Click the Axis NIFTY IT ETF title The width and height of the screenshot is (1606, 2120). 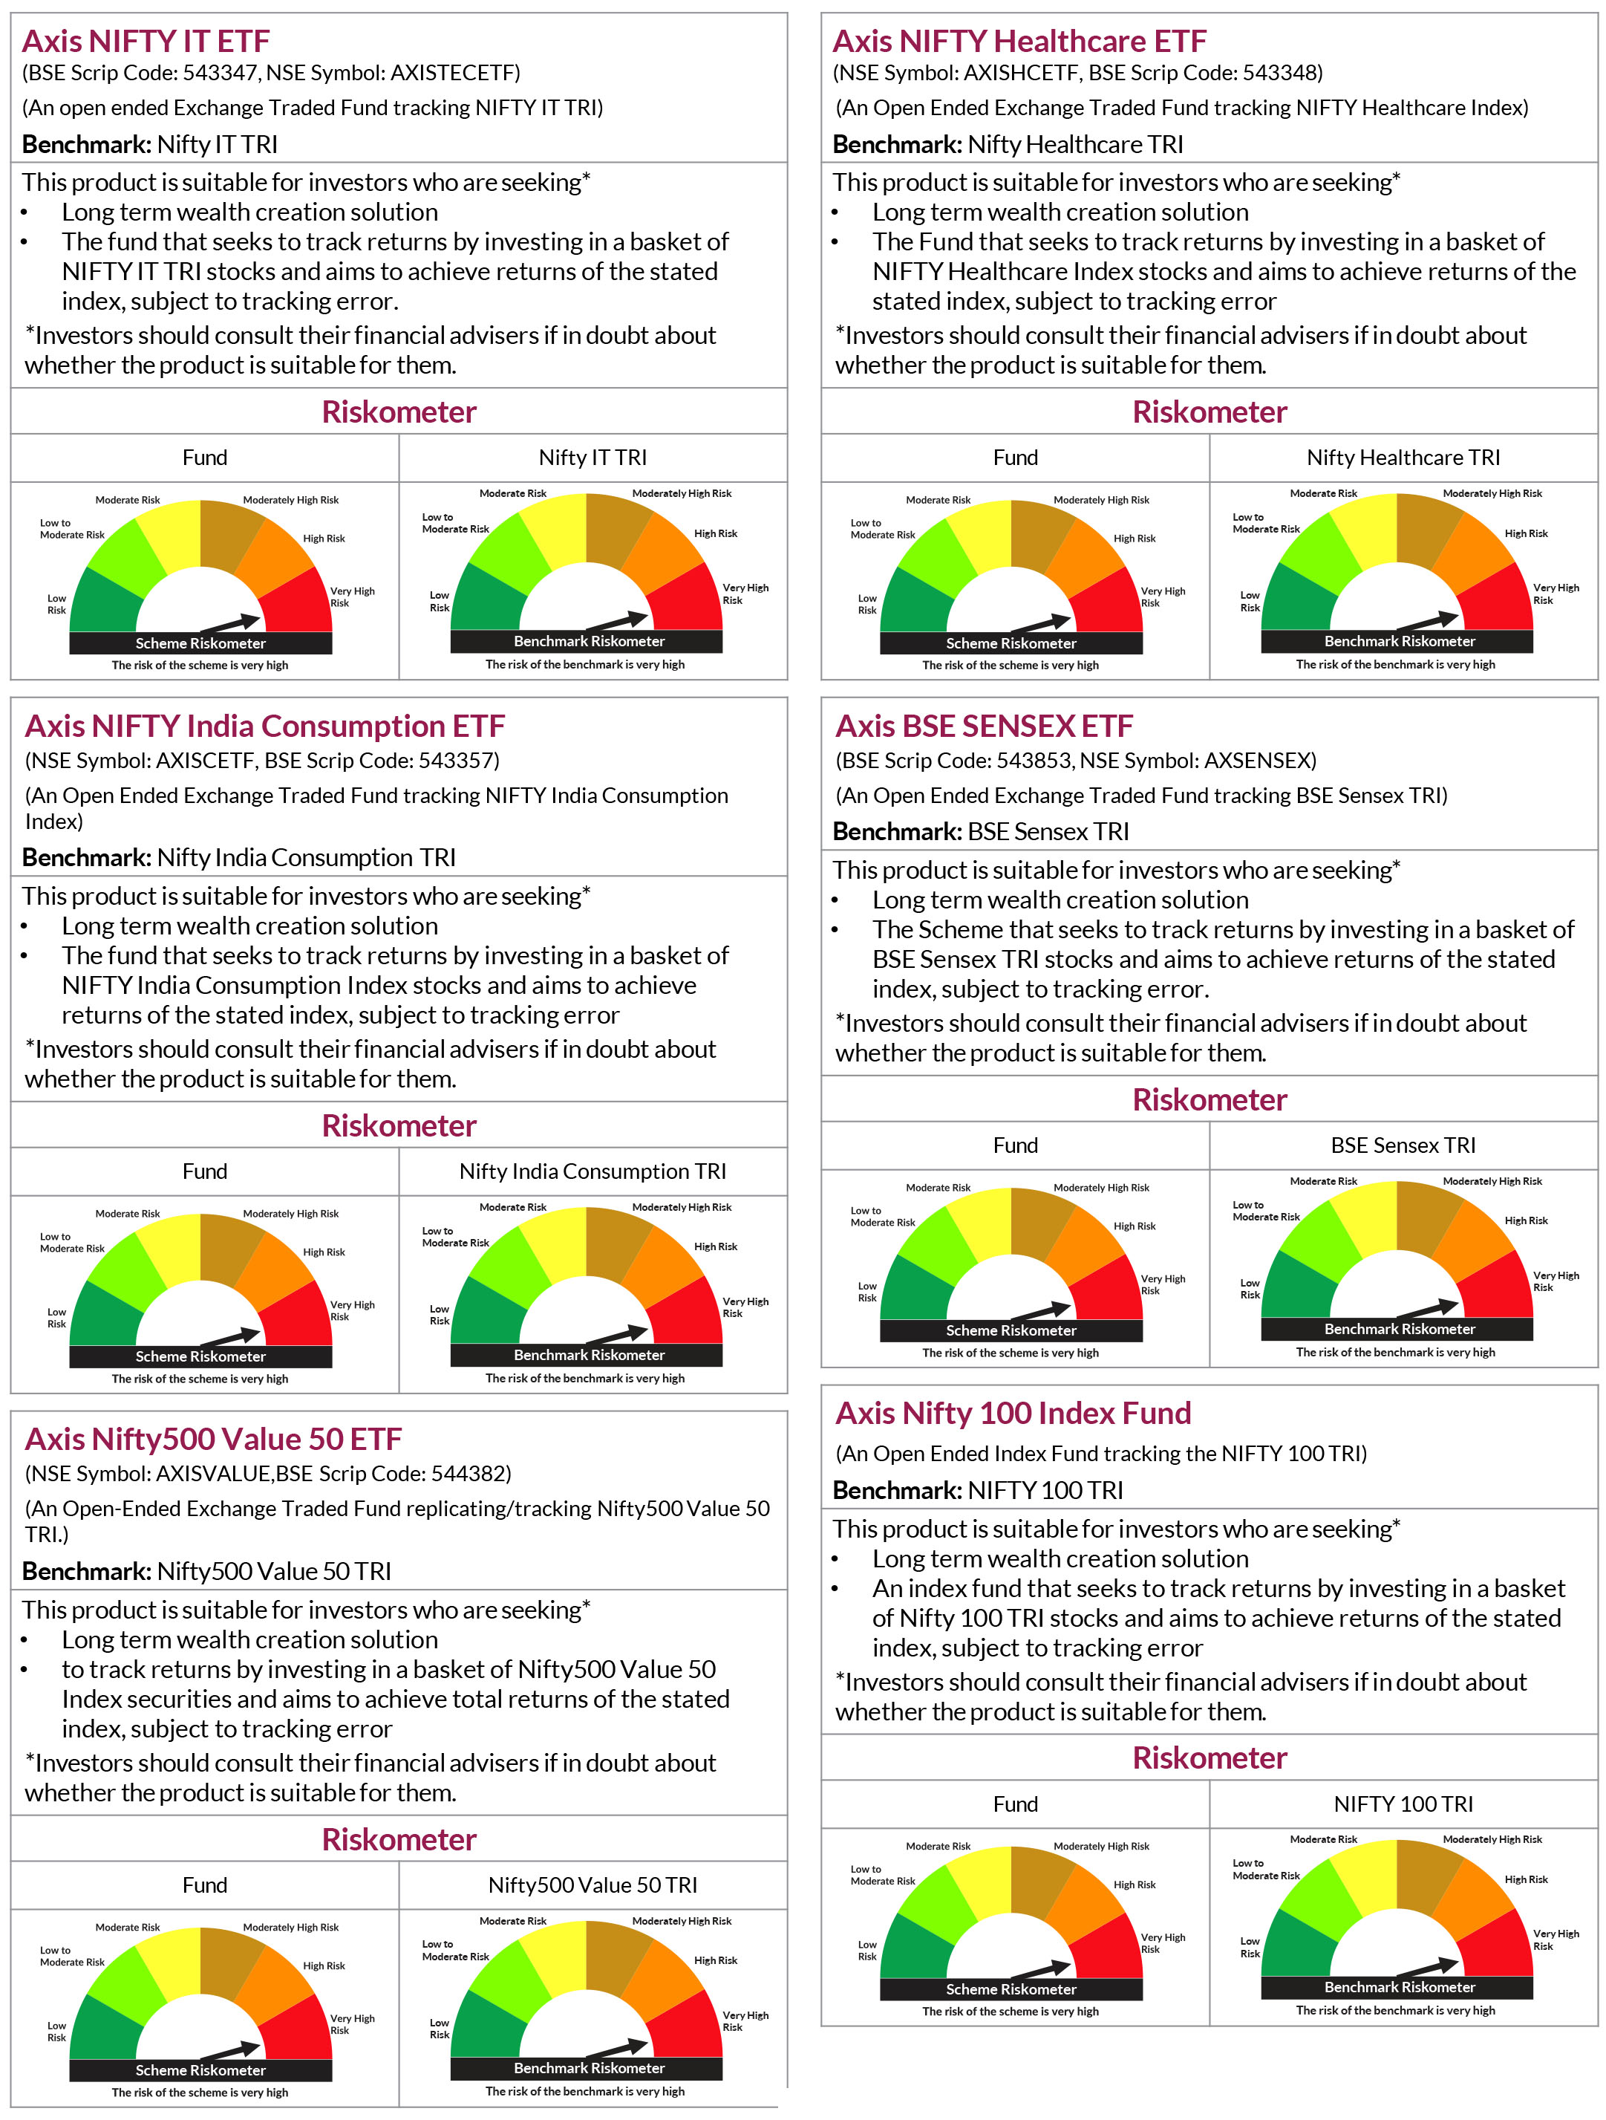coord(146,41)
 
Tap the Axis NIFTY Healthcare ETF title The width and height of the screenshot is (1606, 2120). coord(1019,41)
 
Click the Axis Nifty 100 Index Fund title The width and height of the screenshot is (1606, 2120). coord(1013,1413)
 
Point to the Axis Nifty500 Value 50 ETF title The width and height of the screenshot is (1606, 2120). coord(213,1439)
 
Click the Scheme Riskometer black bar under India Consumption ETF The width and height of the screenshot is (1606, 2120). coord(200,1356)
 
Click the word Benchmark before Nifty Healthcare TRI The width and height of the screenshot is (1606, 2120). coord(896,145)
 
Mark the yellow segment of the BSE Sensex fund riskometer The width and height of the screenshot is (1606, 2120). coord(982,1225)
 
